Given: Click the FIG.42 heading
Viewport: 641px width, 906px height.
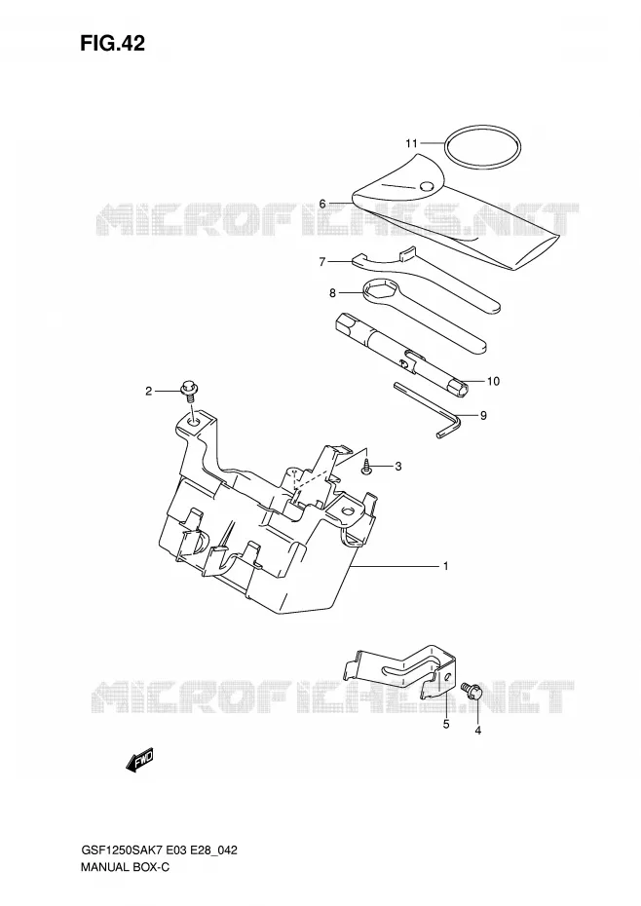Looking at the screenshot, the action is (x=113, y=43).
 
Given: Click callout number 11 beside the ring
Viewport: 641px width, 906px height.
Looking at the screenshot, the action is (x=411, y=142).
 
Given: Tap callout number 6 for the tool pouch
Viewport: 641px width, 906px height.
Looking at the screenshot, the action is (x=322, y=204).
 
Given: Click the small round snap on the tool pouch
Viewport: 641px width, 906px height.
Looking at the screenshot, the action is (x=427, y=185).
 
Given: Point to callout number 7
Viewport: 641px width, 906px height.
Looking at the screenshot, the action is (x=322, y=262).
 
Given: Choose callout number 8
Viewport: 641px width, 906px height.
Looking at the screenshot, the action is (x=332, y=293).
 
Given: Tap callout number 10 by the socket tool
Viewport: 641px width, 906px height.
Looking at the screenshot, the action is (x=493, y=381).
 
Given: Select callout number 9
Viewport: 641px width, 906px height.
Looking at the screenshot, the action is (x=483, y=415).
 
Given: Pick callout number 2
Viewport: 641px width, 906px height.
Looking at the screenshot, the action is (x=148, y=392).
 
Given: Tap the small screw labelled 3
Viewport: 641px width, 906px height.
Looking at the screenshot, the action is (x=366, y=467).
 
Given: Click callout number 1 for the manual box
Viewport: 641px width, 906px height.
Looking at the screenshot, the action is (x=445, y=566).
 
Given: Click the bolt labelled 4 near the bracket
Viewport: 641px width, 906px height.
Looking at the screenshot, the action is (x=470, y=690).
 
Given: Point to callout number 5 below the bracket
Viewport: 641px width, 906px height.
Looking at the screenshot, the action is (x=446, y=724).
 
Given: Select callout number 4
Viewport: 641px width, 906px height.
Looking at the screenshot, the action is (x=478, y=731).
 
